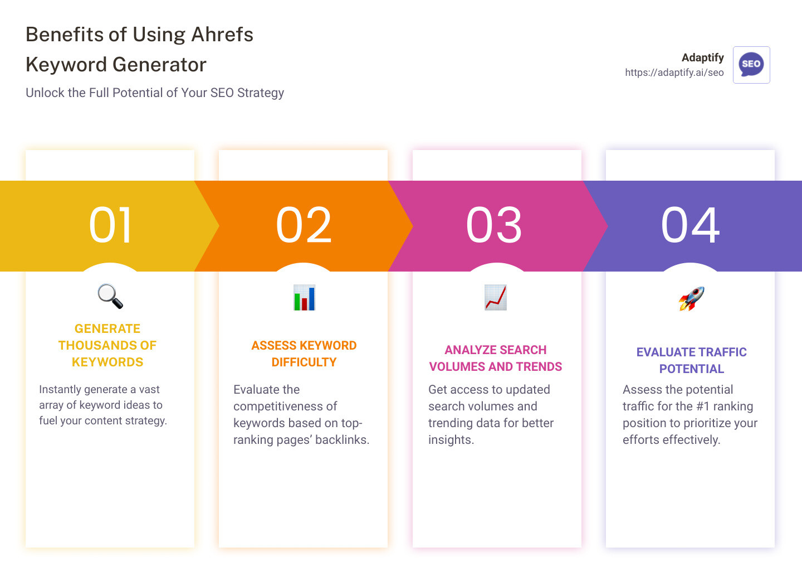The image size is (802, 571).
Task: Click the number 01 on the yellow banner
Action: coord(111,225)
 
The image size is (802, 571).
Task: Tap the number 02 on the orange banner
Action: coord(304,225)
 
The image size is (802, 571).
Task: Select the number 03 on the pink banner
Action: coord(495,225)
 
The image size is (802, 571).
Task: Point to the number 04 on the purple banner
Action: coord(691,225)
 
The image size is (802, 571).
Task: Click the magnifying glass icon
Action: coord(110,296)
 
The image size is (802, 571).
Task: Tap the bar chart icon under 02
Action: coord(304,298)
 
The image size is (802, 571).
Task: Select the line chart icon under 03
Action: coord(496,297)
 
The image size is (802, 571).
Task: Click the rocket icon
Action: coord(691,298)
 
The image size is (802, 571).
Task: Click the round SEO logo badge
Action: coord(751,65)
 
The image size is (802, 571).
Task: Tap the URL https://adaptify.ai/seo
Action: coord(674,72)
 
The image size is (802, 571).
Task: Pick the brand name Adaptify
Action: coord(702,57)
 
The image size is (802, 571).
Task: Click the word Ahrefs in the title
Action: coord(222,35)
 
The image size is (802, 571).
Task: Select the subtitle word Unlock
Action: coord(45,93)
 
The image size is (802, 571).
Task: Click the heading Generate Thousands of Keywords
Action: coord(107,345)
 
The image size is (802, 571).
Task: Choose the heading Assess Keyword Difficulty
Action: coord(304,354)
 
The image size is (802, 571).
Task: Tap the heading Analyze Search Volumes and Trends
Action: coord(496,358)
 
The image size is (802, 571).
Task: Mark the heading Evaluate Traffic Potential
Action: coord(691,360)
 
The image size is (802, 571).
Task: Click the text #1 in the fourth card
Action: coord(703,407)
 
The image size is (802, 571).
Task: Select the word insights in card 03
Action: coord(451,440)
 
